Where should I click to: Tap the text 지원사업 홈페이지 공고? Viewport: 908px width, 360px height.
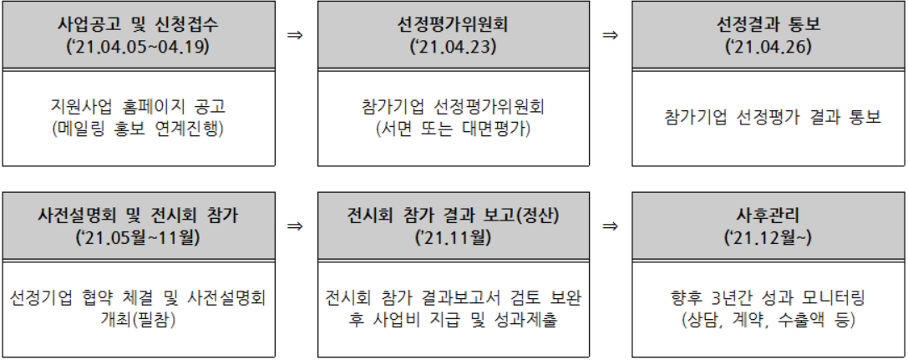pyautogui.click(x=138, y=107)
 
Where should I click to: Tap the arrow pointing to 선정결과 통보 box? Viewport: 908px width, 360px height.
pyautogui.click(x=611, y=35)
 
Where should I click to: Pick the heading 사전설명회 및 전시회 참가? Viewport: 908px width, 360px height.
pyautogui.click(x=138, y=216)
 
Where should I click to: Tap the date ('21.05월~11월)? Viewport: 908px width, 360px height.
pyautogui.click(x=138, y=238)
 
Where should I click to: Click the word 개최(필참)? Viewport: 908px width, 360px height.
pyautogui.click(x=138, y=321)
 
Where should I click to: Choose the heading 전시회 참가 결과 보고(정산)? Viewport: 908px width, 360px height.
pyautogui.click(x=453, y=216)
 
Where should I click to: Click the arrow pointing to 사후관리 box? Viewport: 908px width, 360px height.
pyautogui.click(x=611, y=226)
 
